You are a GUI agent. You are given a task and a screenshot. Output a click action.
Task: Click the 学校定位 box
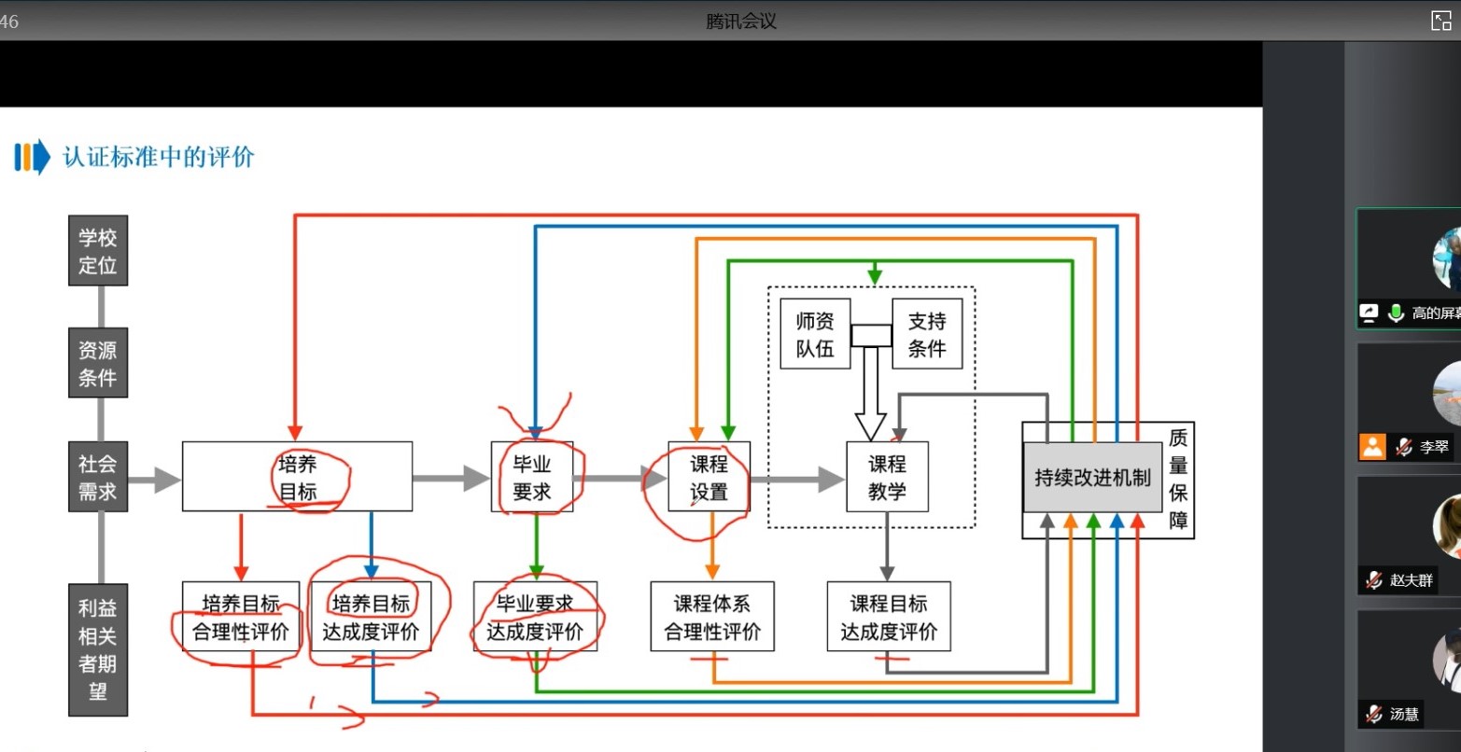pos(98,250)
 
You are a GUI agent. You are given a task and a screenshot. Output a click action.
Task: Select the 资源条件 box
pos(98,362)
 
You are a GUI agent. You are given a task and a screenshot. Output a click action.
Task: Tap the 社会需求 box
pos(98,477)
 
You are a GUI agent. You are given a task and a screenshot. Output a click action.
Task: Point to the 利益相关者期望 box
pos(98,649)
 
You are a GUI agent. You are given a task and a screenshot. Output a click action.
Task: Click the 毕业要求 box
pos(531,477)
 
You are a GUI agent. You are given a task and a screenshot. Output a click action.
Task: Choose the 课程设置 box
pos(709,477)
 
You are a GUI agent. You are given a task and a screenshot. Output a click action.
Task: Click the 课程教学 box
pos(887,477)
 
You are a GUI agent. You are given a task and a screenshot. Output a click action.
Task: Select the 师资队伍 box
pos(815,334)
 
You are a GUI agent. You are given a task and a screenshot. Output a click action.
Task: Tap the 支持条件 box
pos(927,334)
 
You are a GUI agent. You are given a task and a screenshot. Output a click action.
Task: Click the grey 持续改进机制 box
pos(1092,478)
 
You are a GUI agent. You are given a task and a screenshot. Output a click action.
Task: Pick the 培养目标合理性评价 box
pos(241,617)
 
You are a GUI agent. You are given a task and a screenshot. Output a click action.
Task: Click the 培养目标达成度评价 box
pos(372,617)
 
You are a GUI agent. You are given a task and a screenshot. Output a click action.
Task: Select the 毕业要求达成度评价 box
pos(535,617)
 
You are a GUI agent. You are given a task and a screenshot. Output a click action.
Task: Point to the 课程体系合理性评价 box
pos(712,617)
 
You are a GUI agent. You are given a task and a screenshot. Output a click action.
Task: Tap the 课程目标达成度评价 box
pos(889,617)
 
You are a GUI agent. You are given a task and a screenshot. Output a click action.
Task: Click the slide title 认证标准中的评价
pos(159,157)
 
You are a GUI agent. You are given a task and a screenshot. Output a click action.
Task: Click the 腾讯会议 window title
pos(741,21)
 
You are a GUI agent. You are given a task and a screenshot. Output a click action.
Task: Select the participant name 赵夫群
pos(1411,580)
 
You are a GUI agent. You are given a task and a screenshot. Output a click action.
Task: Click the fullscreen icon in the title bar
pos(1440,21)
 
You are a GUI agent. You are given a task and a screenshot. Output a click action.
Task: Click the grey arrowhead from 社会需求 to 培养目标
pos(167,480)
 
